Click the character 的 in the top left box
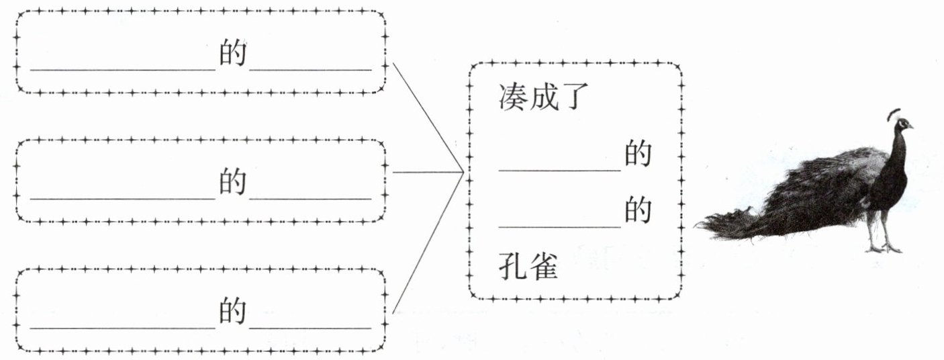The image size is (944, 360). pos(232,53)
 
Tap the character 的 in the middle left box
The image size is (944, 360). pos(232,182)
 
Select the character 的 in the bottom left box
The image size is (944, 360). pos(232,311)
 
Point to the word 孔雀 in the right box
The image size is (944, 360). pos(528,266)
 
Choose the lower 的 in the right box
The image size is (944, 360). pos(638,210)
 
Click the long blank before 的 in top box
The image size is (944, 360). pos(123,70)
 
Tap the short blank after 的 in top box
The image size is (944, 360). pos(311,70)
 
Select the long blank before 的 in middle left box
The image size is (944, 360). pos(123,198)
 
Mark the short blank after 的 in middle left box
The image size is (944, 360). pos(311,198)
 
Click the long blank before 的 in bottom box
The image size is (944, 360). pos(123,328)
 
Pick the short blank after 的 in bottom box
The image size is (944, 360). pos(311,328)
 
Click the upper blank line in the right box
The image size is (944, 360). pos(560,171)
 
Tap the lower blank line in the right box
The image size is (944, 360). pos(560,227)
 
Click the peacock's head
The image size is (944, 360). pos(903,125)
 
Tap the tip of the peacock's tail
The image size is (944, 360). pos(696,225)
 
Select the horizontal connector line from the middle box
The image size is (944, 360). pos(428,172)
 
